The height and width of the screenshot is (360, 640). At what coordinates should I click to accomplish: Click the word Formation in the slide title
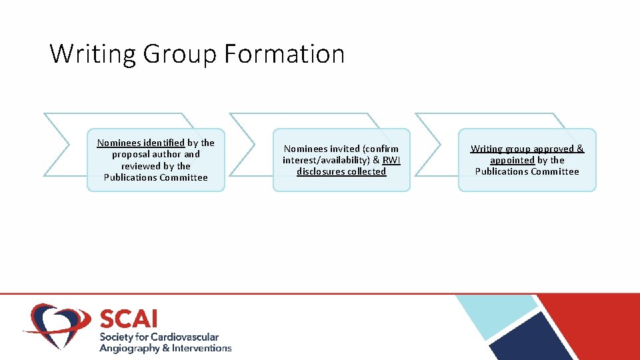[285, 53]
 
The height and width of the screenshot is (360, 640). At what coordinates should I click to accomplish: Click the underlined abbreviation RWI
[391, 160]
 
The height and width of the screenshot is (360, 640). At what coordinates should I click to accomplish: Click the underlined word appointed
[512, 160]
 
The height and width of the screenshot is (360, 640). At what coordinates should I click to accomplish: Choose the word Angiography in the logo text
[129, 348]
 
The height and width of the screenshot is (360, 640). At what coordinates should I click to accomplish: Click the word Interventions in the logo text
[201, 348]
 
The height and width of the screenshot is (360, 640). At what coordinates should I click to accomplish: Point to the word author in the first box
[167, 154]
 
